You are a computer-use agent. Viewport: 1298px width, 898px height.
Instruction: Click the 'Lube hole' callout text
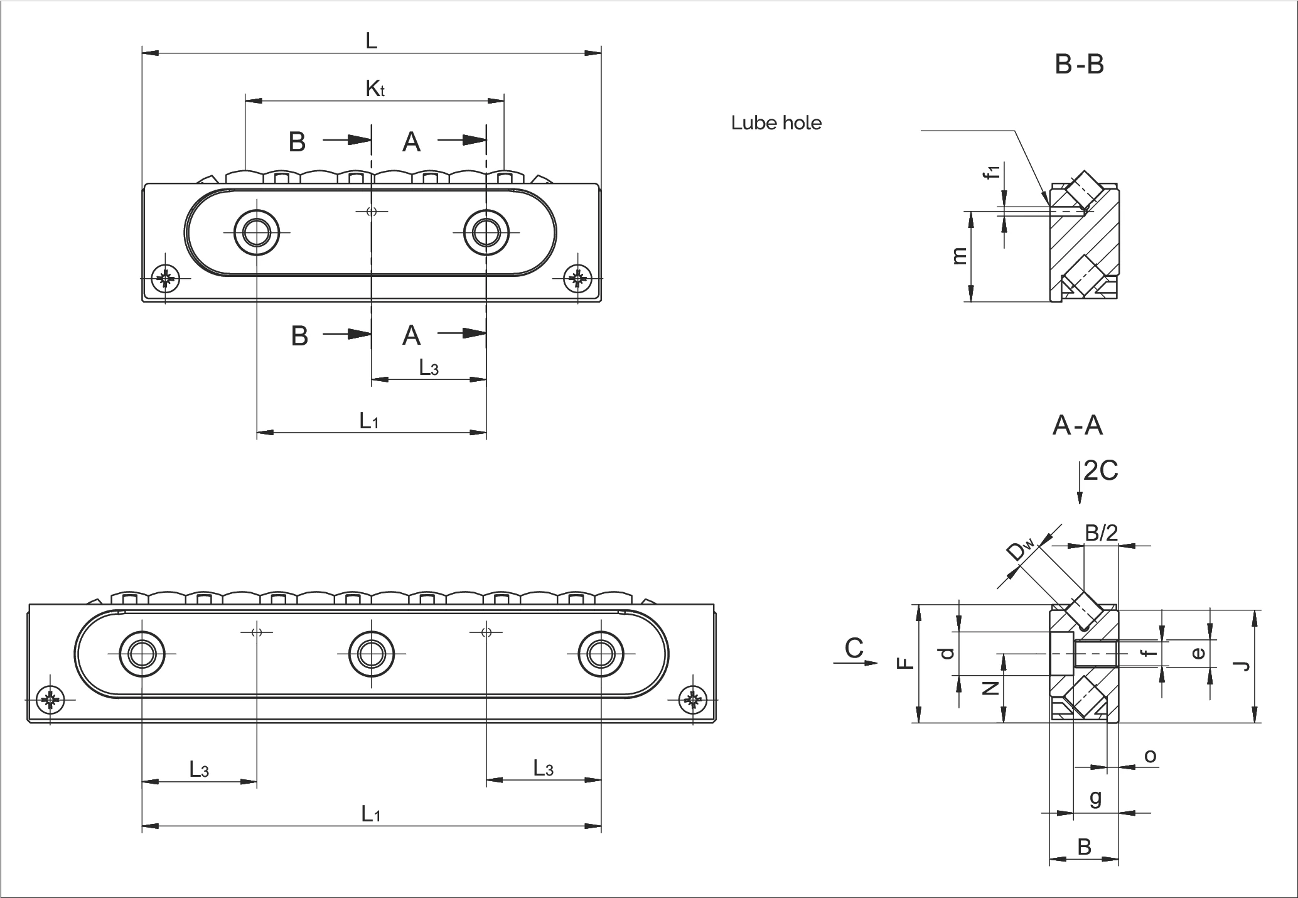[x=776, y=122]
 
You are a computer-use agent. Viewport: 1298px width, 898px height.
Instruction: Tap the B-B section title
[x=1079, y=65]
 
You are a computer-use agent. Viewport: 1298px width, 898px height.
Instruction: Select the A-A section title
[x=1077, y=426]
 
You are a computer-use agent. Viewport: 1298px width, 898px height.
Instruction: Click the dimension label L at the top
[x=372, y=41]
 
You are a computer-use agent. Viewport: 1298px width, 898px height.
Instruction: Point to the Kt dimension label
[x=375, y=89]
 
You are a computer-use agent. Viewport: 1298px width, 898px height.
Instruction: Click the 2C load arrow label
[x=1100, y=470]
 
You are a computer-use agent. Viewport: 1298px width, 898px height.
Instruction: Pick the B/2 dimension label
[x=1102, y=533]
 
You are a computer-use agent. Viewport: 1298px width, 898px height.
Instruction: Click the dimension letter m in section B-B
[x=959, y=256]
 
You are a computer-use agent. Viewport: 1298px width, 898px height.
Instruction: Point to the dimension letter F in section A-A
[x=904, y=663]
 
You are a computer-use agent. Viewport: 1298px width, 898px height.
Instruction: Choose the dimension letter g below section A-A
[x=1095, y=798]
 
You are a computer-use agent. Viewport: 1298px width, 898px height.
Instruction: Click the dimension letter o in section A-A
[x=1150, y=756]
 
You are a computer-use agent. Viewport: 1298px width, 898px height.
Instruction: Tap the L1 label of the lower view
[x=371, y=814]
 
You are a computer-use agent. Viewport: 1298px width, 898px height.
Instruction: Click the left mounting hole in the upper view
[x=256, y=233]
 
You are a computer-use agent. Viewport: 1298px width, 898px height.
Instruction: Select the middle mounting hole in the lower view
[x=371, y=654]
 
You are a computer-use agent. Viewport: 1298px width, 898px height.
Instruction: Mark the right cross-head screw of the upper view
[x=577, y=279]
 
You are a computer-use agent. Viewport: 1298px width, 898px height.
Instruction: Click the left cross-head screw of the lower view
[x=51, y=700]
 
